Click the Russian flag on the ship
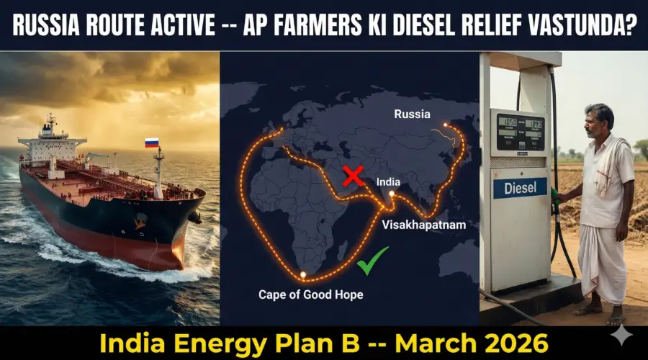(151, 143)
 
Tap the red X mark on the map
(353, 175)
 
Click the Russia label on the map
(413, 114)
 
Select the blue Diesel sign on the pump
(520, 188)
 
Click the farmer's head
(599, 121)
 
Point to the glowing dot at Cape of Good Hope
(304, 274)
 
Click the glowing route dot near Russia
(446, 125)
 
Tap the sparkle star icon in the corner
(621, 336)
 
